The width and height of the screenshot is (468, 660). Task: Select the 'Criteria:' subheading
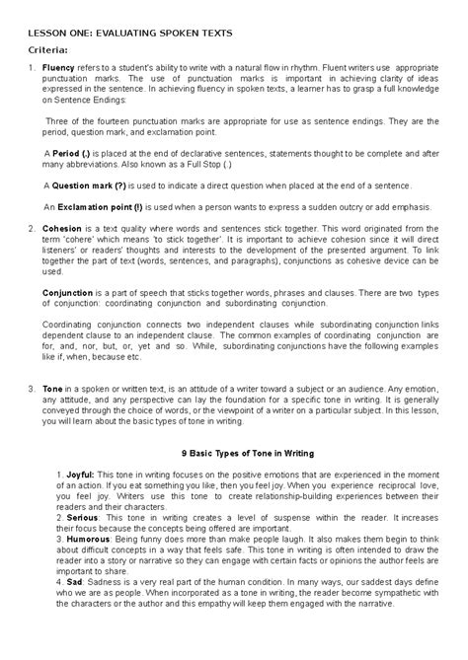[x=46, y=48]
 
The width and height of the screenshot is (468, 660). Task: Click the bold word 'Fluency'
[x=58, y=68]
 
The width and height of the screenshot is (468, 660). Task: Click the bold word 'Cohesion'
[x=62, y=229]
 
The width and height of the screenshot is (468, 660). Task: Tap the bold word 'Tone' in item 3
[x=53, y=388]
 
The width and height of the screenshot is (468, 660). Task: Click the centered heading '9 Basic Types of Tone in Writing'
[x=242, y=453]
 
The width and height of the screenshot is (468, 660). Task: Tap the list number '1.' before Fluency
[x=30, y=68]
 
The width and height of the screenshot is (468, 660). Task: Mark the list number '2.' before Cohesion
[x=30, y=229]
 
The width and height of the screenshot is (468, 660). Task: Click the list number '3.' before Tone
[x=30, y=388]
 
